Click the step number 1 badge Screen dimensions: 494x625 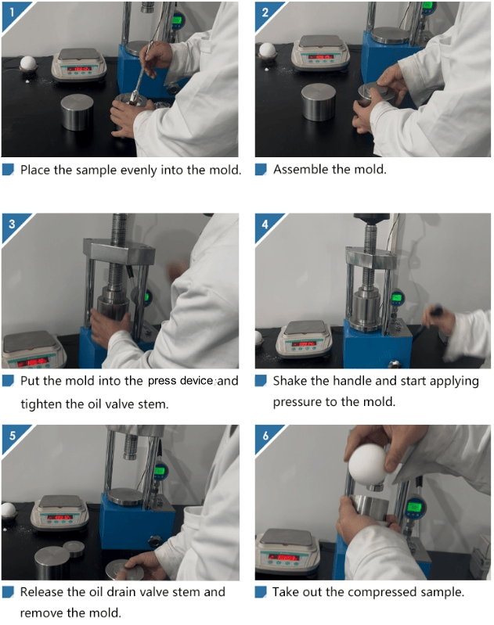pyautogui.click(x=12, y=13)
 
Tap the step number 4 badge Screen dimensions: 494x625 pyautogui.click(x=265, y=224)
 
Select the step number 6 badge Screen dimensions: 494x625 pyautogui.click(x=265, y=436)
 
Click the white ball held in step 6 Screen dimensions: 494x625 pyautogui.click(x=367, y=465)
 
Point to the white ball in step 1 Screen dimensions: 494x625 pyautogui.click(x=28, y=63)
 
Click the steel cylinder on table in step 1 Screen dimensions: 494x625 pyautogui.click(x=77, y=112)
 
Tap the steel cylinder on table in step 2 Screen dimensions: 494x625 pyautogui.click(x=318, y=102)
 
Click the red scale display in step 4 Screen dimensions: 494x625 pyautogui.click(x=304, y=343)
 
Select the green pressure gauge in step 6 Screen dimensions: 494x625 pyautogui.click(x=414, y=508)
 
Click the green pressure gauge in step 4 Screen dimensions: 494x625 pyautogui.click(x=396, y=297)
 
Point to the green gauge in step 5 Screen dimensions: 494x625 pyautogui.click(x=160, y=471)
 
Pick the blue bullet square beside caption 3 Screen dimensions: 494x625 pyautogui.click(x=8, y=381)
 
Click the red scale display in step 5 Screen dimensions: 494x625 pyautogui.click(x=59, y=517)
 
